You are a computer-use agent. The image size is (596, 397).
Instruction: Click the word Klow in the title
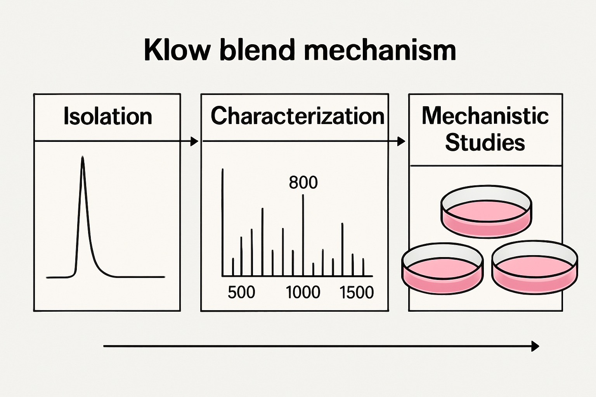click(177, 50)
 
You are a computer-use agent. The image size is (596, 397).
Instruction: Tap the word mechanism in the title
click(379, 50)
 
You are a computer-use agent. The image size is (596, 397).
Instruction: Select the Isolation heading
click(107, 116)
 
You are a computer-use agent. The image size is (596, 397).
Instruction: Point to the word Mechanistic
click(485, 116)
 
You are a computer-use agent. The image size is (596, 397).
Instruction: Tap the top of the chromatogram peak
click(82, 157)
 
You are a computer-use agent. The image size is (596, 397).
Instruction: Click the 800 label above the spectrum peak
click(303, 182)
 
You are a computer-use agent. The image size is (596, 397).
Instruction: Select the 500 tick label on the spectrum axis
click(241, 292)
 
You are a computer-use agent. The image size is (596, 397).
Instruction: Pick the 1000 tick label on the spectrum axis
click(303, 292)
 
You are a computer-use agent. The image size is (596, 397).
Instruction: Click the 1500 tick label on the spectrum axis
click(356, 292)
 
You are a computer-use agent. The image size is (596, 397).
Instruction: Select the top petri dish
click(486, 211)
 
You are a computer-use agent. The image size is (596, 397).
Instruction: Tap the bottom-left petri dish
click(442, 269)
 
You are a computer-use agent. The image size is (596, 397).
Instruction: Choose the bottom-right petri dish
click(535, 268)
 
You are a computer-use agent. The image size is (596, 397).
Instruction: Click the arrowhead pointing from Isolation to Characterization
click(194, 142)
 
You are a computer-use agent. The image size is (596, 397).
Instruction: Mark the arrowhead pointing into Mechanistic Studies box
click(402, 142)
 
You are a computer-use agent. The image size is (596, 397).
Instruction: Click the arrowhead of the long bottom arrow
click(535, 346)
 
